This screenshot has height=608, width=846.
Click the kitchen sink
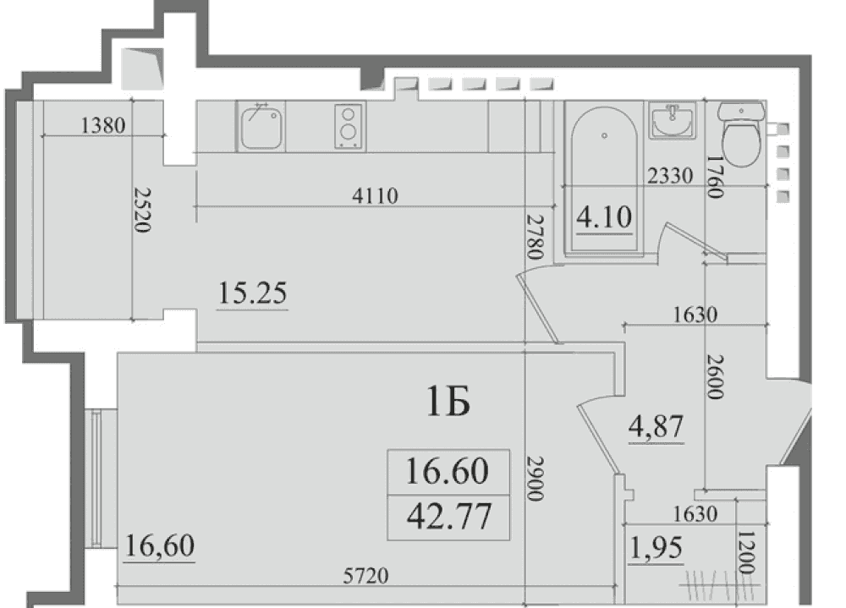pyautogui.click(x=261, y=127)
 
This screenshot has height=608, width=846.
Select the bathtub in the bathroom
pyautogui.click(x=604, y=178)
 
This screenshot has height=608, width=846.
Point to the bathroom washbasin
pyautogui.click(x=673, y=121)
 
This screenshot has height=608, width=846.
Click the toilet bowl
pyautogui.click(x=741, y=133)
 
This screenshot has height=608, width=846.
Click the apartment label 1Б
pyautogui.click(x=448, y=403)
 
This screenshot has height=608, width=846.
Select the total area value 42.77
pyautogui.click(x=449, y=517)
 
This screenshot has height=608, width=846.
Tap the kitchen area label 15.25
pyautogui.click(x=252, y=293)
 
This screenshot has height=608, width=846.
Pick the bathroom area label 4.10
pyautogui.click(x=604, y=216)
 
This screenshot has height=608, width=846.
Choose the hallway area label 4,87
pyautogui.click(x=656, y=426)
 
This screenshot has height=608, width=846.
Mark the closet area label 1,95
pyautogui.click(x=656, y=548)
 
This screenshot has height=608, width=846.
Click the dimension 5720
pyautogui.click(x=365, y=576)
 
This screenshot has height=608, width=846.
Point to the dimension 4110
pyautogui.click(x=375, y=195)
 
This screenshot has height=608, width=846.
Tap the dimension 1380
pyautogui.click(x=103, y=125)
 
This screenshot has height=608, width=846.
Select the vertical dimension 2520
pyautogui.click(x=142, y=210)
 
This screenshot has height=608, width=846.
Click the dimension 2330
pyautogui.click(x=670, y=175)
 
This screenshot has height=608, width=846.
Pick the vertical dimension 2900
pyautogui.click(x=535, y=479)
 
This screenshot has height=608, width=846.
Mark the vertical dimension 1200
pyautogui.click(x=746, y=552)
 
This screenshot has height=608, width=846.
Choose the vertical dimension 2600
pyautogui.click(x=716, y=376)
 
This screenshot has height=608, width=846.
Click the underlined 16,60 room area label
pyautogui.click(x=159, y=545)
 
